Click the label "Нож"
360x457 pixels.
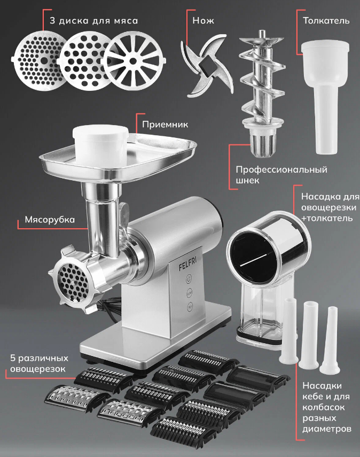tap(203, 20)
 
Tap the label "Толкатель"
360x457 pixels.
tap(326, 20)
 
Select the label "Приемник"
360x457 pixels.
tap(165, 125)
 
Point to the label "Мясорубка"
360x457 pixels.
tap(50, 220)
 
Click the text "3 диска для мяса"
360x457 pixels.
tap(93, 21)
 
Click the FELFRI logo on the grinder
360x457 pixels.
tap(187, 264)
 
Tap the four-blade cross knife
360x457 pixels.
tap(207, 66)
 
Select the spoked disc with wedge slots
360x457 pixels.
tap(134, 61)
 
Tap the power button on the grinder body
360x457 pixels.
tap(189, 278)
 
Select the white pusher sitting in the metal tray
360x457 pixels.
tap(100, 146)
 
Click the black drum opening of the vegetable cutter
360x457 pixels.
tap(252, 256)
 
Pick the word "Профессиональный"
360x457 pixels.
tap(281, 169)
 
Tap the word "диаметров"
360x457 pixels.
tap(326, 429)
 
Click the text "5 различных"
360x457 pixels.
tap(39, 358)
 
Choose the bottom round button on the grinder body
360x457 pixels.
tap(190, 306)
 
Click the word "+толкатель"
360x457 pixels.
tap(327, 218)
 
